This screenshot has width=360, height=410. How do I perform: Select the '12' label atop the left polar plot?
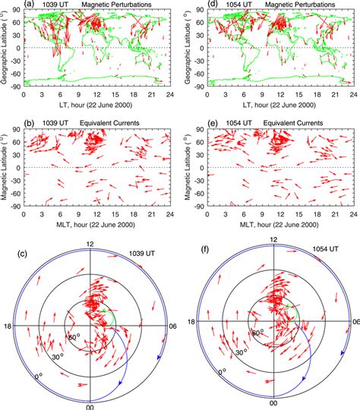click(90, 244)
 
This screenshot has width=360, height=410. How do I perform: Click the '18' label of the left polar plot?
click(8, 326)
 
